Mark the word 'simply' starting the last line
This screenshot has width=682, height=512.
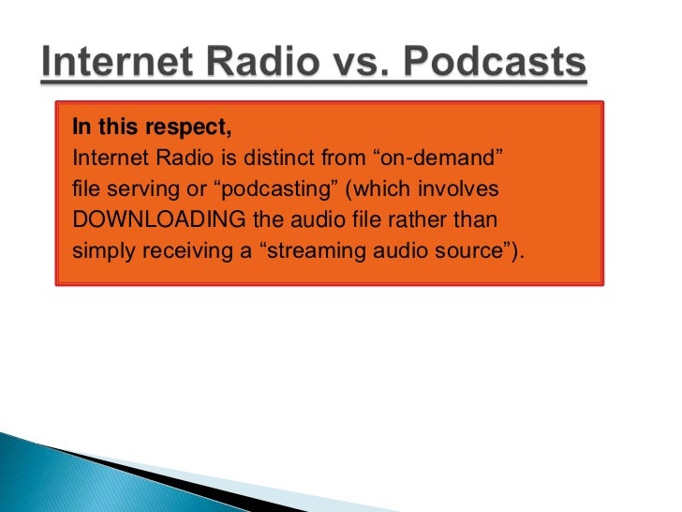(x=98, y=252)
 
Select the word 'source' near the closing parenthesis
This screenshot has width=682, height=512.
(x=464, y=252)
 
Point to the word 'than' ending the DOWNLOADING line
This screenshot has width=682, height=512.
(x=481, y=220)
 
